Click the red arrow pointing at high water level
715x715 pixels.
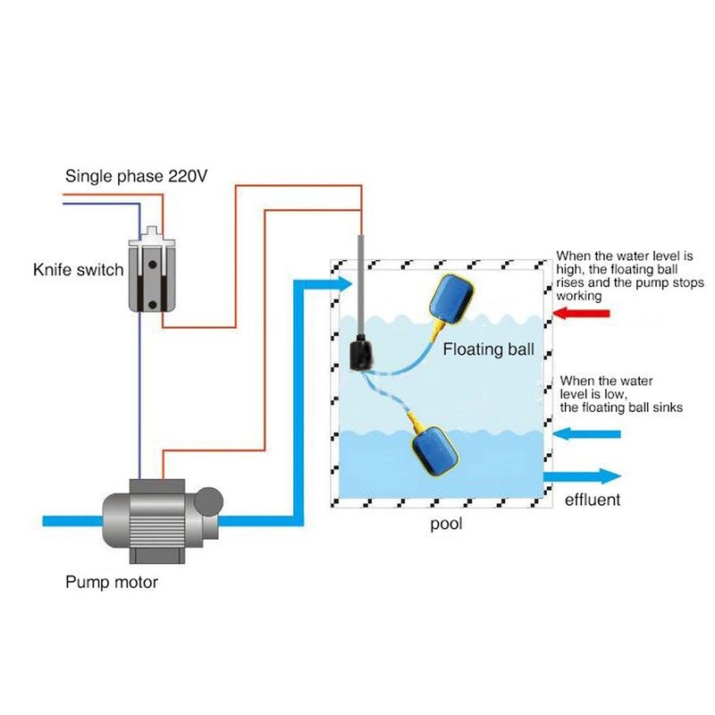[582, 313]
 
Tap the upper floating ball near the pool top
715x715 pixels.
[458, 298]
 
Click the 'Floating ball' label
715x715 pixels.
[488, 349]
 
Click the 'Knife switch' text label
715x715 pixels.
[78, 269]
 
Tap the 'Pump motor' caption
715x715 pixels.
[111, 583]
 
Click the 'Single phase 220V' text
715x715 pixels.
[136, 177]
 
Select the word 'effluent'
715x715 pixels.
[592, 500]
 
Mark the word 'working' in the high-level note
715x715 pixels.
[579, 295]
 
